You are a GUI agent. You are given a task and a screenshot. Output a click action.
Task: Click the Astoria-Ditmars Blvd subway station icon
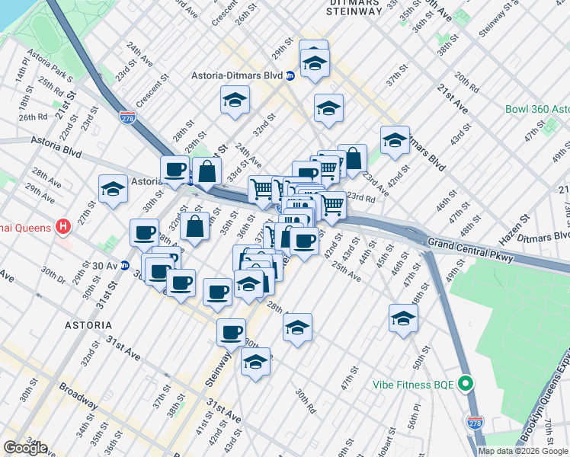coord(290,75)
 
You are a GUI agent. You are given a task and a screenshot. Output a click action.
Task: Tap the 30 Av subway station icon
coord(125,266)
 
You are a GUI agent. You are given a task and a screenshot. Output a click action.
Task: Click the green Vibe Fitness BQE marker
coord(467,382)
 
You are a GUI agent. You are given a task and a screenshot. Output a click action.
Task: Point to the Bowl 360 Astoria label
coord(536,109)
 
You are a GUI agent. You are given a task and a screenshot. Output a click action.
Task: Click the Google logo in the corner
coord(24,448)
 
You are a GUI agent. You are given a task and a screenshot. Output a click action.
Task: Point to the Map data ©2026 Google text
coord(524,451)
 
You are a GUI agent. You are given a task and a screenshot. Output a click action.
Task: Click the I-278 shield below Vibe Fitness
coord(475,422)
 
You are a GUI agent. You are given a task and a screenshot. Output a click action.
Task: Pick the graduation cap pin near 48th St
coord(403,318)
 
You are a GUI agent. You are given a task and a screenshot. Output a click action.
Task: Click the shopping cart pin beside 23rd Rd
coord(332,205)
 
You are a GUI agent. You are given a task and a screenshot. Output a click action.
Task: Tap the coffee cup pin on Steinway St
coord(232,331)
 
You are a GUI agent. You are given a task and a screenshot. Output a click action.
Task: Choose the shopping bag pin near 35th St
coord(195,225)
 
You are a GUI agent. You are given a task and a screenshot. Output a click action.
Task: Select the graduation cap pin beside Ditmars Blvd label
coord(395,139)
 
